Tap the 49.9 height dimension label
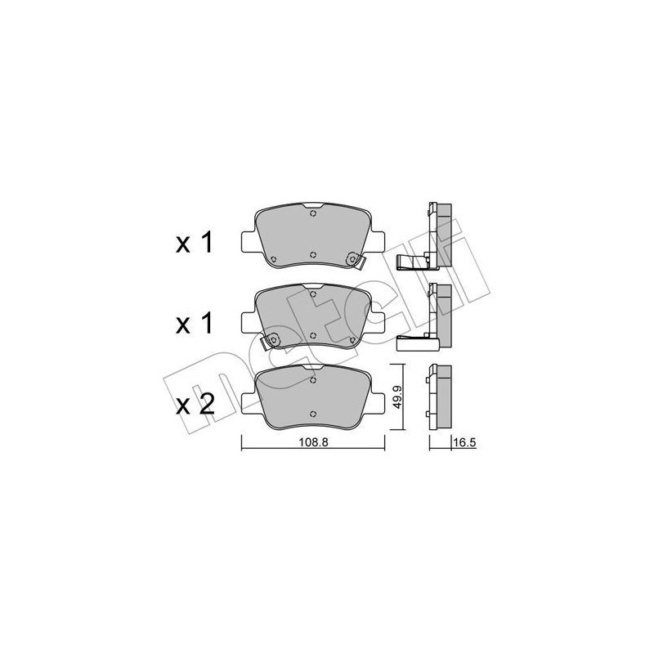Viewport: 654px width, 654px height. pos(398,396)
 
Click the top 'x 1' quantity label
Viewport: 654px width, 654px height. pos(195,243)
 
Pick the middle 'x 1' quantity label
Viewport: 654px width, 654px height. pos(195,325)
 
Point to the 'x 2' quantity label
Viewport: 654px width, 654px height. pos(195,404)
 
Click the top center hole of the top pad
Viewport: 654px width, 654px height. pos(313,213)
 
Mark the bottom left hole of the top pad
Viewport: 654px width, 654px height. pos(273,260)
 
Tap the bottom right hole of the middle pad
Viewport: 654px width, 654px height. pos(352,340)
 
